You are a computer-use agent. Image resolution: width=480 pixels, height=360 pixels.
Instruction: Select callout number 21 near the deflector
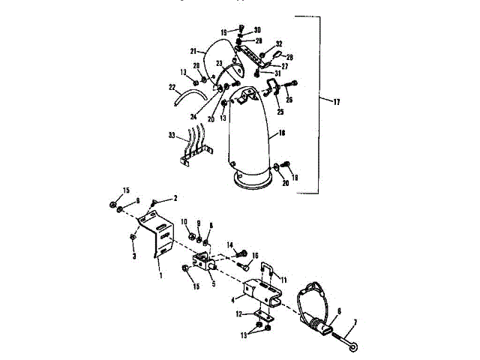[192, 52]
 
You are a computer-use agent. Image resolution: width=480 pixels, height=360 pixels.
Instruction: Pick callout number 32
[278, 44]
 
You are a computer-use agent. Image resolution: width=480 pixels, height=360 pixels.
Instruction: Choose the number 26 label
[289, 100]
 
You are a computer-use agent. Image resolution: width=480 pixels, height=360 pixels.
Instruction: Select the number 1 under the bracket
[159, 275]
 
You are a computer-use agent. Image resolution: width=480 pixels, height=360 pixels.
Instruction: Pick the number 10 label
[184, 221]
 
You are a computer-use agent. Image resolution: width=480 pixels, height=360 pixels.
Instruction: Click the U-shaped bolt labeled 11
[268, 271]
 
